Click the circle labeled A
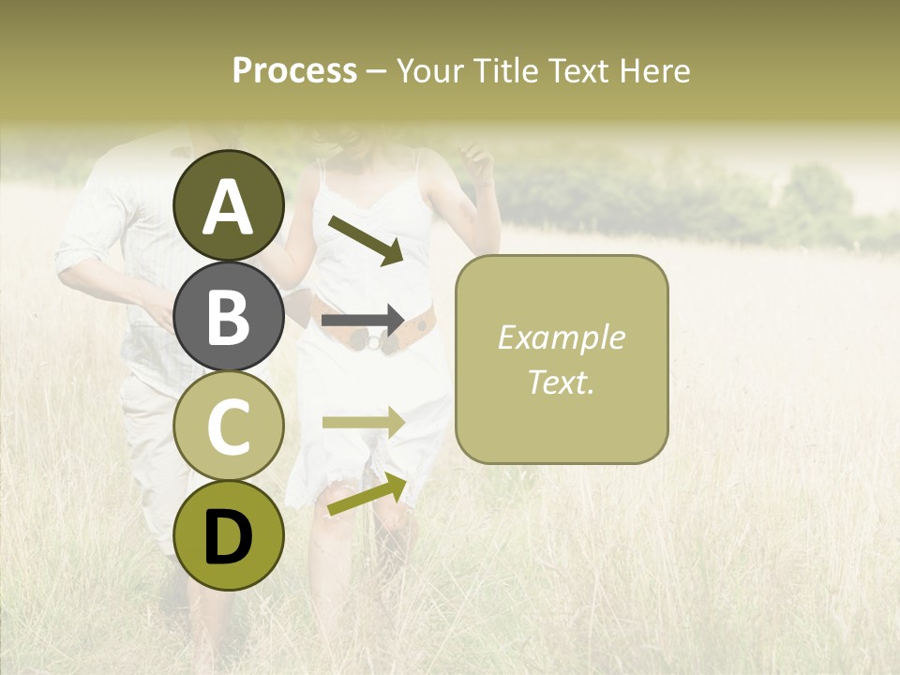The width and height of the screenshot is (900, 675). point(229,205)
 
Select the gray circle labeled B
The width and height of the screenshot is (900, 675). point(229,316)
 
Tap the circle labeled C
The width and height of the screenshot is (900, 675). point(229,426)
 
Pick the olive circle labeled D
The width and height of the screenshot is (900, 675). point(229,535)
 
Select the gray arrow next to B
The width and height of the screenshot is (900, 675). point(364,321)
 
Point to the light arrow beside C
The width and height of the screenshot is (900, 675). point(364,422)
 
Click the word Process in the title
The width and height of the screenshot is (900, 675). point(294,71)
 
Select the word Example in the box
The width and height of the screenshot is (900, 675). point(562,337)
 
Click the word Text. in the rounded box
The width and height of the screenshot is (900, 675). point(562,382)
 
